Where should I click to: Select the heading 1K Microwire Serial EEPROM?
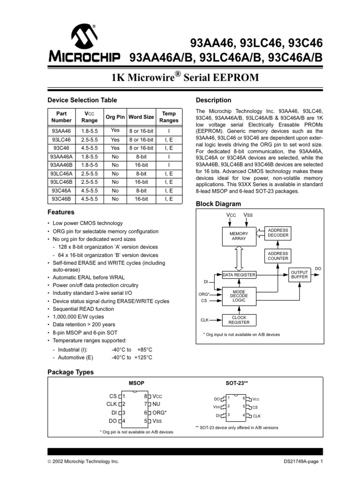pos(180,77)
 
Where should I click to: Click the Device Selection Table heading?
pos(82,100)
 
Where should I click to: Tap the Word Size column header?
pos(141,117)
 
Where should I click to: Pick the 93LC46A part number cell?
pos(62,173)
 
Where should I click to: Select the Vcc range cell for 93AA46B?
pos(89,165)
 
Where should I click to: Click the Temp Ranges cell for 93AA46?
pos(169,131)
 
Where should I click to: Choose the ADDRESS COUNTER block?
pos(278,256)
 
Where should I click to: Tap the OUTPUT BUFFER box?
pos(300,275)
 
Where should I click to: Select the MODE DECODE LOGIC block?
pos(239,295)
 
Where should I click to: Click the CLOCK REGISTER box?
pos(239,320)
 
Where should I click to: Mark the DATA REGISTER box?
pos(239,275)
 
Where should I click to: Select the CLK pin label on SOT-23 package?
pos(256,416)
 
